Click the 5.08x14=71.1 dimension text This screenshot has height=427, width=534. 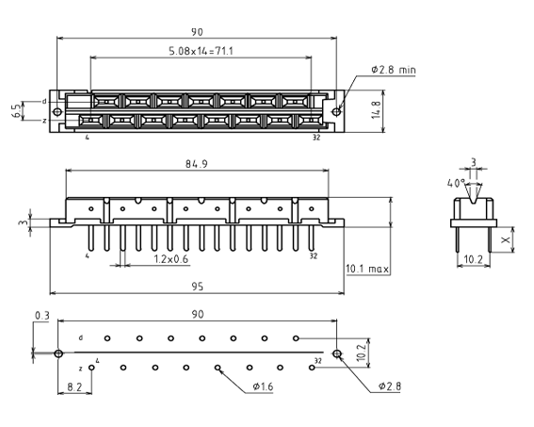tap(201, 51)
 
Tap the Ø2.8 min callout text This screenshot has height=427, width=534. tap(394, 70)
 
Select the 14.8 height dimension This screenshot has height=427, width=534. tap(376, 109)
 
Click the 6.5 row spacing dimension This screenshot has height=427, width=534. tap(17, 111)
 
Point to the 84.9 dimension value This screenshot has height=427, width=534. tap(197, 164)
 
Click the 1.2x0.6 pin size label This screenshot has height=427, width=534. tap(171, 259)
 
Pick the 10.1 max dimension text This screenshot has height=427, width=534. tap(367, 269)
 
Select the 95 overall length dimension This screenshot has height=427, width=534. tap(197, 287)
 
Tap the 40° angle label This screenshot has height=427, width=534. tap(456, 184)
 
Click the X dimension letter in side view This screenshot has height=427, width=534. tap(506, 240)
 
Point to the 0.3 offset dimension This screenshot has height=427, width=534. tap(41, 316)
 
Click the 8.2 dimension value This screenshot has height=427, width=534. tap(74, 386)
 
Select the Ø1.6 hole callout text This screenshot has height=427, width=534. tap(263, 386)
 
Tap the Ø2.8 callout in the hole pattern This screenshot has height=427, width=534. tap(390, 386)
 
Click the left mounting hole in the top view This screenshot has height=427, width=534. tap(57, 112)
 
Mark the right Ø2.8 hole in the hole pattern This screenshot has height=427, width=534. tap(337, 353)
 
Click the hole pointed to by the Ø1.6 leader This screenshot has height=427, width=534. tap(218, 368)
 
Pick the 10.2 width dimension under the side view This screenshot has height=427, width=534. tap(474, 259)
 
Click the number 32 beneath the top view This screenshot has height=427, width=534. tap(316, 138)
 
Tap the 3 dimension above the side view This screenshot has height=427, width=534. tap(474, 162)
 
